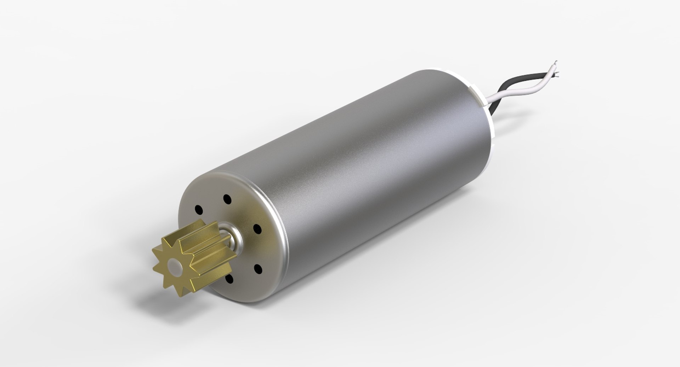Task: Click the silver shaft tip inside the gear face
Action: point(174,263)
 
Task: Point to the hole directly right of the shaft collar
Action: point(256,228)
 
